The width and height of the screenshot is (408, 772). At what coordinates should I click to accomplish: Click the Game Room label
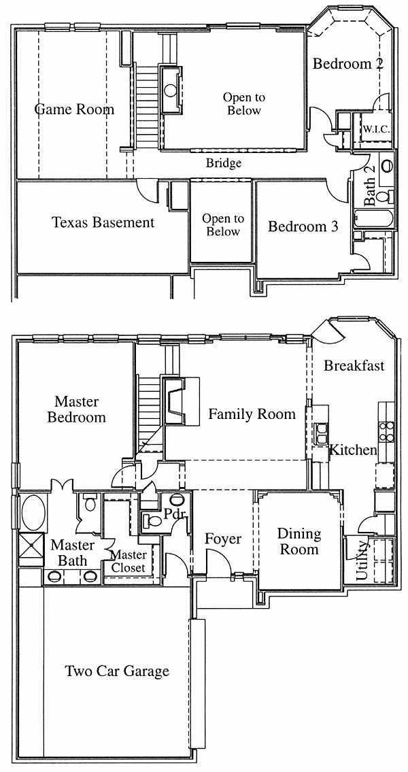pos(74,109)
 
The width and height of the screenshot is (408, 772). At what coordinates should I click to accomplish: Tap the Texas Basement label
pos(103,222)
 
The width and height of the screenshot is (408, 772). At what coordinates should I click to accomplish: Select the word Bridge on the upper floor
pos(224,163)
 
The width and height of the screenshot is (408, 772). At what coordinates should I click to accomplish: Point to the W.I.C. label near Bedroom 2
pos(377,129)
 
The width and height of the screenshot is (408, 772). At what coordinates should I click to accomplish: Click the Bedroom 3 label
pos(303,226)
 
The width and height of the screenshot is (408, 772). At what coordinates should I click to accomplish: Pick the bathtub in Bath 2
pos(374,218)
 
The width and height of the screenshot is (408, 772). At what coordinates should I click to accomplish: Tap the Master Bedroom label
pos(76,409)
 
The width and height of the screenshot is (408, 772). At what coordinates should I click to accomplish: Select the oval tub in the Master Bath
pos(33,513)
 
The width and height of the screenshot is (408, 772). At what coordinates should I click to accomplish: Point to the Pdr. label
pos(174,514)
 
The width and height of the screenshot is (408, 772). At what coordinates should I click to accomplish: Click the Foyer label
pos(224,539)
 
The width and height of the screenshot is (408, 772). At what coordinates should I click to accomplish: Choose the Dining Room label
pos(299,541)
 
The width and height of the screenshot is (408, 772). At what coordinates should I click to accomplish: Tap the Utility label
pos(362,560)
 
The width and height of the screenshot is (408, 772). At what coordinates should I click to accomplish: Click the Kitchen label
pos(353,450)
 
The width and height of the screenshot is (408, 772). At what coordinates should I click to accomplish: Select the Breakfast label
pos(354,366)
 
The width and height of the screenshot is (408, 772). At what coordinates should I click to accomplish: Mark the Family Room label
pos(252,414)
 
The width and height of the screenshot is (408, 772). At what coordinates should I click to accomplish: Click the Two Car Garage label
pos(117,671)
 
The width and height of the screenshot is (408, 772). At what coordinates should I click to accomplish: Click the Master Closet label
pos(128,561)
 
